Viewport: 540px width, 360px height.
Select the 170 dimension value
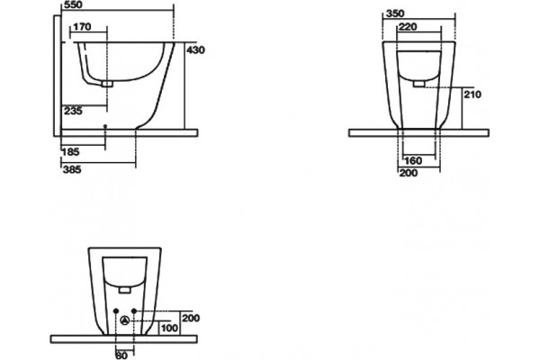pos(82,26)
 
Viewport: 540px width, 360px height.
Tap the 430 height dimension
pos(195,50)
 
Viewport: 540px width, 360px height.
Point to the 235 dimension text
pos(73,111)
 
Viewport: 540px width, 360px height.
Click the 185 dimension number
pos(71,151)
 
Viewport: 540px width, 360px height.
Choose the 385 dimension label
pos(72,169)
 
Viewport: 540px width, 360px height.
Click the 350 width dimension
pos(395,13)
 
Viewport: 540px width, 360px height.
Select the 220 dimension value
pos(408,27)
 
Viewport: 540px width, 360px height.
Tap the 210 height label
pos(472,94)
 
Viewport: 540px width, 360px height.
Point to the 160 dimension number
pos(413,160)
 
